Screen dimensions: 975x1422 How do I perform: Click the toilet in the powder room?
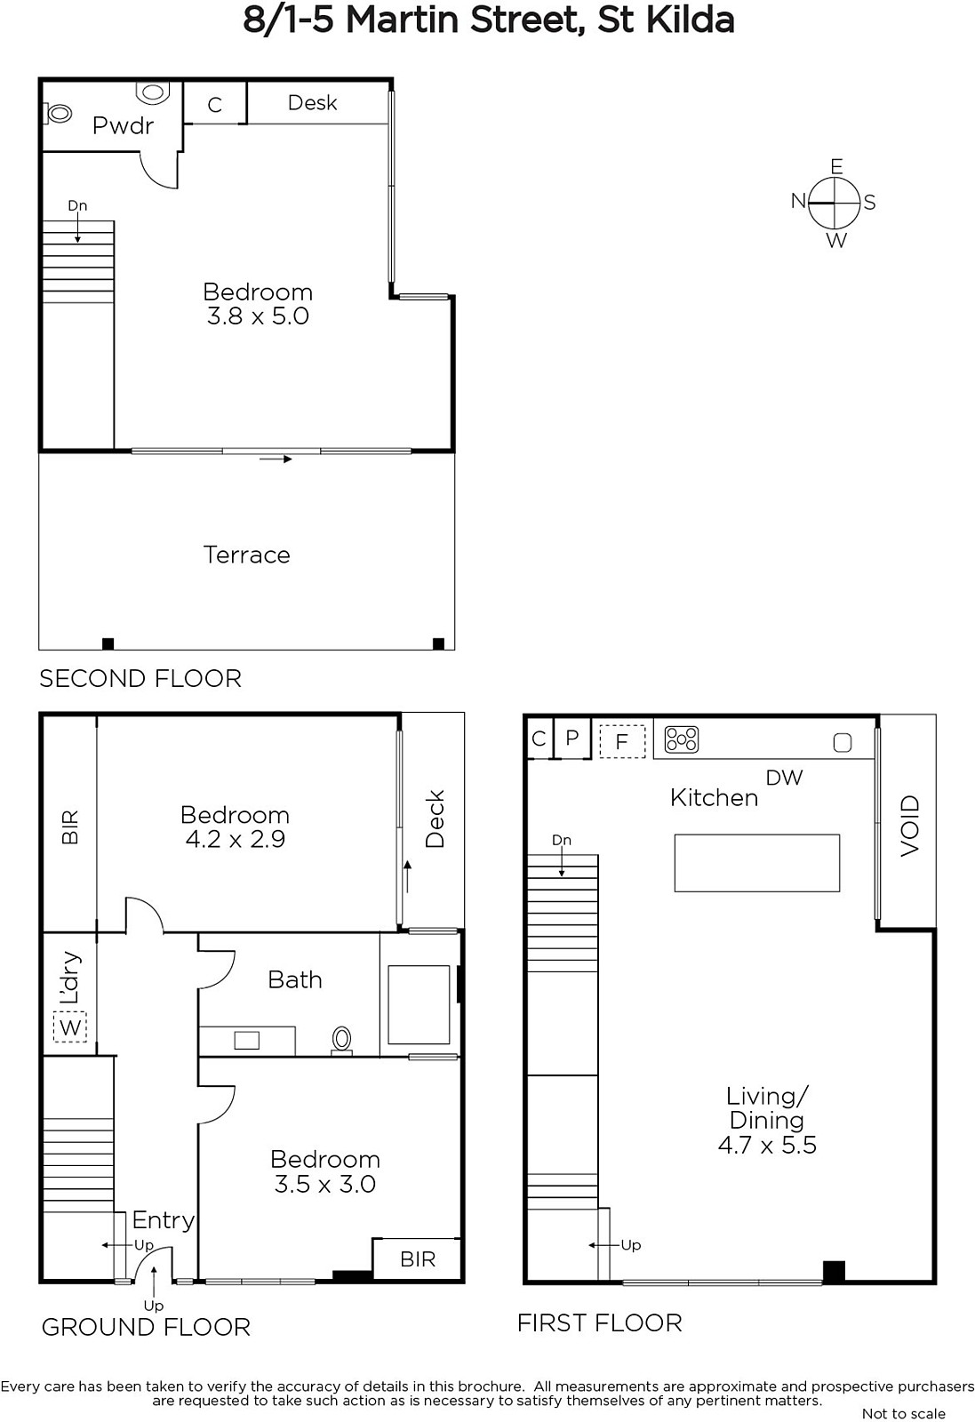click(58, 114)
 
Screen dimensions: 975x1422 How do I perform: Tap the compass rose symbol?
click(834, 203)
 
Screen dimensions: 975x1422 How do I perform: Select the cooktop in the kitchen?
click(681, 739)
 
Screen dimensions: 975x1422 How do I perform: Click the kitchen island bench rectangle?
click(756, 863)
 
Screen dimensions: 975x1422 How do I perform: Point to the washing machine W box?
click(70, 1027)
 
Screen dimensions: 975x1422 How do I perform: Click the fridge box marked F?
click(622, 741)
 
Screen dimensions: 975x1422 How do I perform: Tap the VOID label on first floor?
click(909, 826)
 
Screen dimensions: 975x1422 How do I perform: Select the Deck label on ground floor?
click(435, 819)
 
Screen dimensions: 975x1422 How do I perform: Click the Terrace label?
click(246, 555)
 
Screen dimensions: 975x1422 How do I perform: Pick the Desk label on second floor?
click(312, 103)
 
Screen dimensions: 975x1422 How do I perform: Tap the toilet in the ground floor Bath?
click(341, 1040)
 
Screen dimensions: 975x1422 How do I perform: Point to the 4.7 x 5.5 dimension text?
click(767, 1145)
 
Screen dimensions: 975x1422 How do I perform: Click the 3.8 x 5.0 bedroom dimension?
click(258, 316)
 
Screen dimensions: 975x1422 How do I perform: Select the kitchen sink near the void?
click(843, 742)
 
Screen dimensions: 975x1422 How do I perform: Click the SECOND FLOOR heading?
click(140, 679)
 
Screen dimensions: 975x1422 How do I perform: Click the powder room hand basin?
click(152, 92)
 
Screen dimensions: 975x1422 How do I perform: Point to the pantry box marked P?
click(571, 738)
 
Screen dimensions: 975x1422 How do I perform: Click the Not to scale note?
click(903, 1414)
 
